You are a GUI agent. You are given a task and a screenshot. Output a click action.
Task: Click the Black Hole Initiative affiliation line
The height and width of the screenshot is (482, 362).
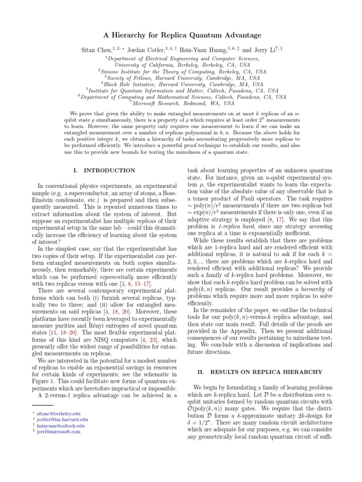pos(181,84)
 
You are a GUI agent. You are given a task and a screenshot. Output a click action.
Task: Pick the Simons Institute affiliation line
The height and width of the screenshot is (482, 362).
pos(181,71)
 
